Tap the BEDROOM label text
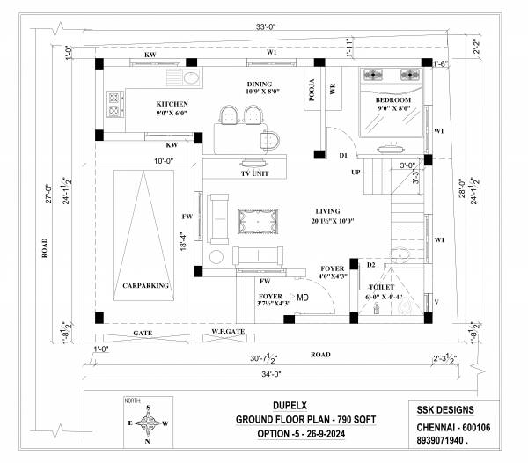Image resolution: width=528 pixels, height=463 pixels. click(x=393, y=101)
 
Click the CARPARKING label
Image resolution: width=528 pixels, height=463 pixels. click(x=145, y=286)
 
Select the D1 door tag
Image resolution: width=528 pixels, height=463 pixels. click(x=343, y=156)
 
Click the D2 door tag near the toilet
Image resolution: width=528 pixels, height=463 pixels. click(x=371, y=264)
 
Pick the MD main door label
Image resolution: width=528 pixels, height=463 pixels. click(x=303, y=298)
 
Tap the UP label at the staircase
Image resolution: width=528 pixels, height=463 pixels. click(x=356, y=172)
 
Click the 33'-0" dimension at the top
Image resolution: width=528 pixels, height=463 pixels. click(x=265, y=27)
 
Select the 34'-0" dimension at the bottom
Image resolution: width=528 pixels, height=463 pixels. click(x=267, y=373)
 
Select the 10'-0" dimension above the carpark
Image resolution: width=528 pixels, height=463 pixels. click(x=164, y=161)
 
